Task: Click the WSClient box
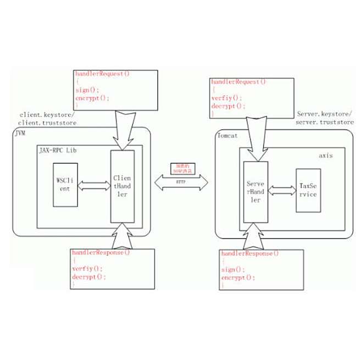pos(64,185)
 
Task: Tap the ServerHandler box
pos(256,192)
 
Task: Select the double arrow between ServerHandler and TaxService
pos(281,190)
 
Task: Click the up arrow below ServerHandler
pos(256,236)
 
